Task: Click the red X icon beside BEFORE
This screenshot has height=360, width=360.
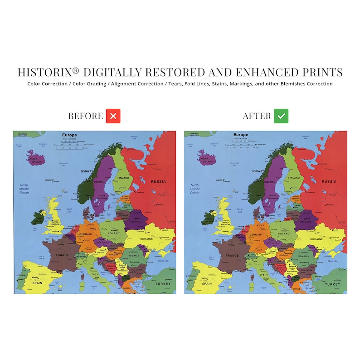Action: pyautogui.click(x=113, y=116)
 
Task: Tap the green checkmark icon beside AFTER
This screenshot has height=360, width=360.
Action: pyautogui.click(x=281, y=116)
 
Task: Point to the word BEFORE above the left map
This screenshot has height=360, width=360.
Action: pyautogui.click(x=86, y=116)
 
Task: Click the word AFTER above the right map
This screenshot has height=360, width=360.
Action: pyautogui.click(x=257, y=116)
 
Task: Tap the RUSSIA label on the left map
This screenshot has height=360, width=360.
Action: pyautogui.click(x=158, y=181)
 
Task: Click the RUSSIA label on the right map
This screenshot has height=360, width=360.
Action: pyautogui.click(x=329, y=181)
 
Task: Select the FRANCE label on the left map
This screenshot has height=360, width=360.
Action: pyautogui.click(x=62, y=255)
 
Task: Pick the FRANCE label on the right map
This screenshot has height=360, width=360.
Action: pyautogui.click(x=232, y=255)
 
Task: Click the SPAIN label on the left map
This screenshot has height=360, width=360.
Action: pyautogui.click(x=36, y=283)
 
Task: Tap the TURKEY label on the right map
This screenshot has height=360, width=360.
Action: pyautogui.click(x=334, y=283)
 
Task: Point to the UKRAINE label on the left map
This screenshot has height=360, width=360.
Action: pyautogui.click(x=146, y=238)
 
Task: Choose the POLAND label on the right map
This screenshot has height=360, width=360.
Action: pyautogui.click(x=284, y=234)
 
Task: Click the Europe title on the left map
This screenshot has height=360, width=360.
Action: pyautogui.click(x=70, y=135)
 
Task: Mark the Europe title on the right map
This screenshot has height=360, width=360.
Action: pyautogui.click(x=240, y=135)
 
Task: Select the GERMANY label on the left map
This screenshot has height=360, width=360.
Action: pyautogui.click(x=85, y=234)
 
